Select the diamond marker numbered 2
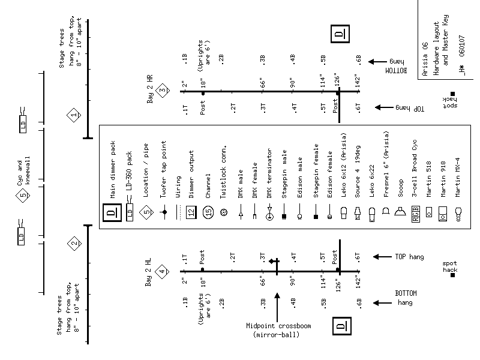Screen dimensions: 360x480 74,244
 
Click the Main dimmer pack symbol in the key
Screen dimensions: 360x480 111,212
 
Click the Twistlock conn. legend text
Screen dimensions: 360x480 223,172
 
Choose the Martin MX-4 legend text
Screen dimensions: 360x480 458,176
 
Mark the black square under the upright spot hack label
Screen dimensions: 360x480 453,275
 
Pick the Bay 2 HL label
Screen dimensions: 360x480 148,273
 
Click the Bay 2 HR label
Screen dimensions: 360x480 150,90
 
